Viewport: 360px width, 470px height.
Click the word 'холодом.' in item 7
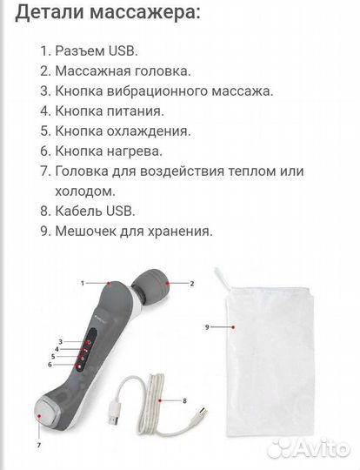pos(85,191)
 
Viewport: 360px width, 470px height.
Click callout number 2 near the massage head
pos(191,284)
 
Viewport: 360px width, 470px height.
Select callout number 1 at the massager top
pos(83,283)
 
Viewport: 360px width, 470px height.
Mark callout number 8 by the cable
pos(185,399)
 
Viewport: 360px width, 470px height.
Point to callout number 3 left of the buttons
pos(60,340)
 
